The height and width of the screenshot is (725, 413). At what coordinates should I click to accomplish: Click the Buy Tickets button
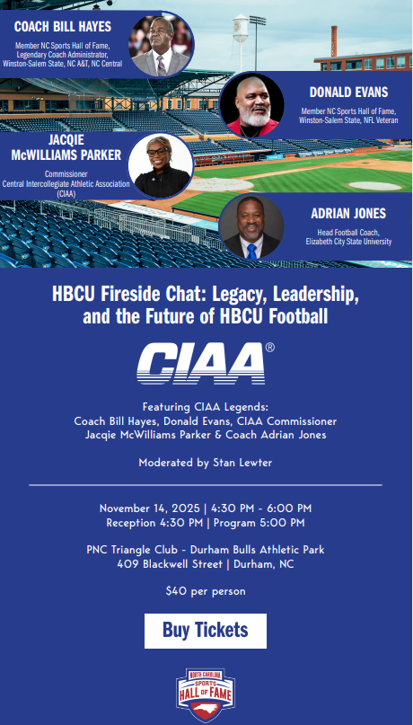click(206, 630)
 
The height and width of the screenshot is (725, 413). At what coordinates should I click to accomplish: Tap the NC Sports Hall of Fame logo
click(206, 694)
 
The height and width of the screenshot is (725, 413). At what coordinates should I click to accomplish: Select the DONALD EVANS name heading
click(350, 92)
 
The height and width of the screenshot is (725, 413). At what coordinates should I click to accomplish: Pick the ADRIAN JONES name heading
click(348, 214)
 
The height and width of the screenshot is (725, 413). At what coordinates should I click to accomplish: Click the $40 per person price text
click(206, 591)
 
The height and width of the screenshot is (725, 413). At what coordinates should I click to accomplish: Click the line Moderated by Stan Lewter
click(206, 464)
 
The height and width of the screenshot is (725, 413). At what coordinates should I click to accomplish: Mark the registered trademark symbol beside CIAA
click(270, 347)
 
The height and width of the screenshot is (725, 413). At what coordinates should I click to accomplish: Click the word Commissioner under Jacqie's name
click(68, 174)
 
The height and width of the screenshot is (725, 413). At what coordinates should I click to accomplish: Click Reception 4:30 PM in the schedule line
click(154, 522)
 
